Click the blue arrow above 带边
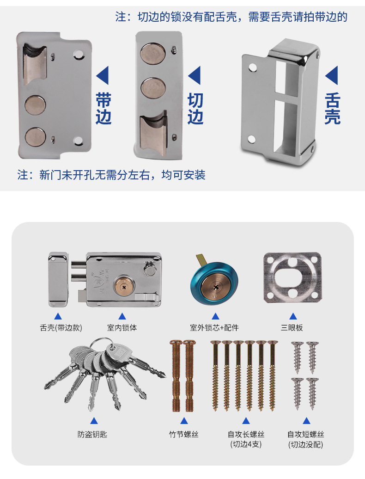coord(103,75)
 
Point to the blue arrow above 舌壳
coord(332,75)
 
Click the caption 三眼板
coord(292,327)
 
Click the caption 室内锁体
coord(122,327)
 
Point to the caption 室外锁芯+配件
coord(214,327)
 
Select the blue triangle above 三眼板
coord(292,316)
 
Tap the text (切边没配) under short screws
coord(305,444)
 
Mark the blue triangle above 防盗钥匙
coord(94,421)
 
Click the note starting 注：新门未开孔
coord(111,175)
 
